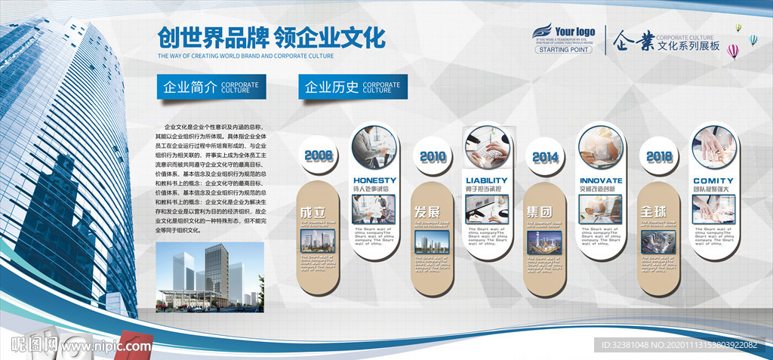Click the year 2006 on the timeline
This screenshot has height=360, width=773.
pos(319,156)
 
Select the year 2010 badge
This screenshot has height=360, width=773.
pos(433,157)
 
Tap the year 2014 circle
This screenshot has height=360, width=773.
pos(544,157)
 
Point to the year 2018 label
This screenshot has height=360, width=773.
pos(659,156)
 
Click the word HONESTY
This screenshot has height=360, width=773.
pos(374,180)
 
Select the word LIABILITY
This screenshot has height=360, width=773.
pos(487,180)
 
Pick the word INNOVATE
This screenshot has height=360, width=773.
pos(601,180)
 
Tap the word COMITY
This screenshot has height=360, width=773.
pos(714,180)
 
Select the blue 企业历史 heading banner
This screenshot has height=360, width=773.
pos(353,87)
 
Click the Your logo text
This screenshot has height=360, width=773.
pos(575,31)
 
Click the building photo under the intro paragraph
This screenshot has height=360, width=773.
pos(209,277)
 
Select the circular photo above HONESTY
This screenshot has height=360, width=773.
pos(375,146)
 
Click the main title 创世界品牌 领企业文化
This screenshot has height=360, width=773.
pos(271,37)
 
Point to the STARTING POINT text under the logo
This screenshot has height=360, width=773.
pos(565,50)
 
